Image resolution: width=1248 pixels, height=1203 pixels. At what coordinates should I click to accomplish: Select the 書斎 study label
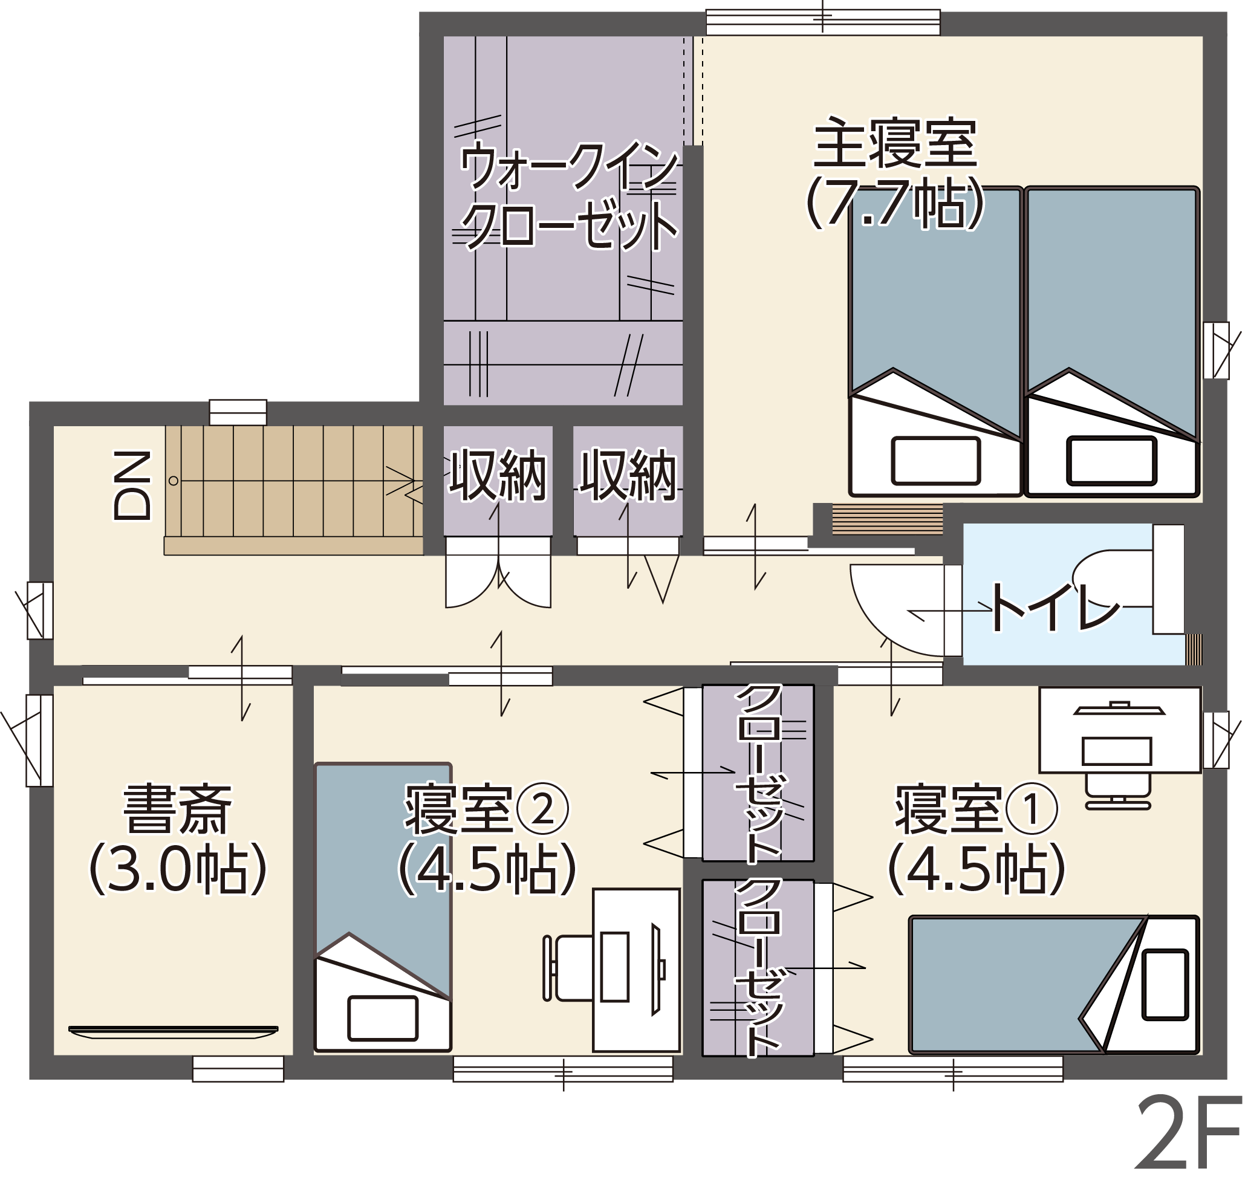(178, 809)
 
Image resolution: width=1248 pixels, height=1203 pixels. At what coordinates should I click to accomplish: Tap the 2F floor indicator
(1188, 1141)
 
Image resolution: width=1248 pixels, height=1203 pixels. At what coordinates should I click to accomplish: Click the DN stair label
(132, 485)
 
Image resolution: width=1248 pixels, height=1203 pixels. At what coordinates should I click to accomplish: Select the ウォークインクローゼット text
(568, 196)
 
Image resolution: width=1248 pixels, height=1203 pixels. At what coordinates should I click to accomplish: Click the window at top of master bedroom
(824, 22)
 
